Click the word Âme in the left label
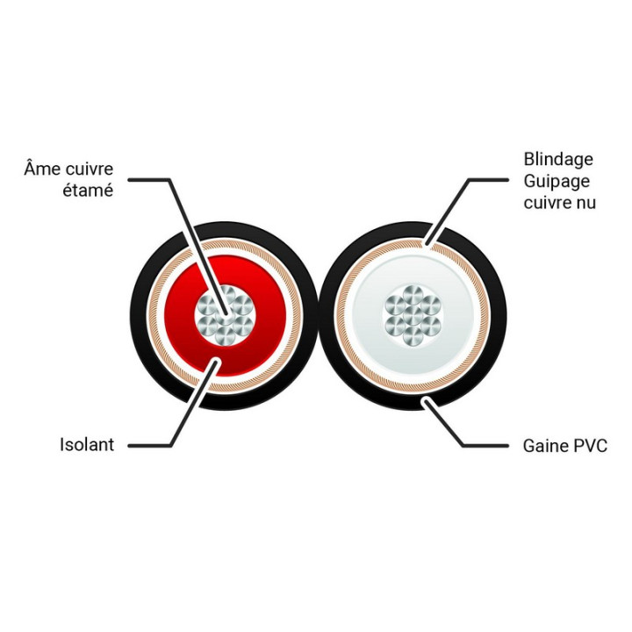41,168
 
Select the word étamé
88,190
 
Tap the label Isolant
87,444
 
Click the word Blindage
558,160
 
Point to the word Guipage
557,182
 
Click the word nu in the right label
585,203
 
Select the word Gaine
542,446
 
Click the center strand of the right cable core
413,315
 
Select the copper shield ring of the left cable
156,315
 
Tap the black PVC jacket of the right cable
499,315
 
